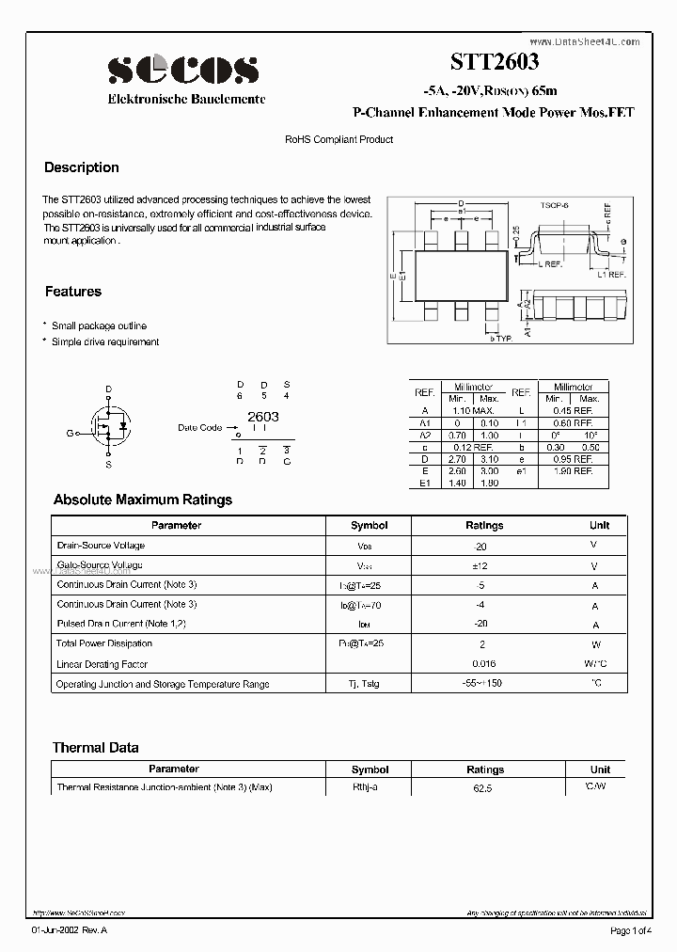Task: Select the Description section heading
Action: click(x=82, y=167)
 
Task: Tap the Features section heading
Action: click(x=72, y=292)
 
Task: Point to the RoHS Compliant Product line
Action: click(x=338, y=139)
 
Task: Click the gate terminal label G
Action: click(x=70, y=433)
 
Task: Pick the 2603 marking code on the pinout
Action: click(x=262, y=416)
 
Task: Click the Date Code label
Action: click(x=199, y=427)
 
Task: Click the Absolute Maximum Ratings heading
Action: click(x=142, y=500)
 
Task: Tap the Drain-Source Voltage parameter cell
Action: click(x=101, y=546)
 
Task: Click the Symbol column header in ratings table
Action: click(x=369, y=525)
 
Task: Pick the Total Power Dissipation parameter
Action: click(x=103, y=643)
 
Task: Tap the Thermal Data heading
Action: click(x=95, y=747)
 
